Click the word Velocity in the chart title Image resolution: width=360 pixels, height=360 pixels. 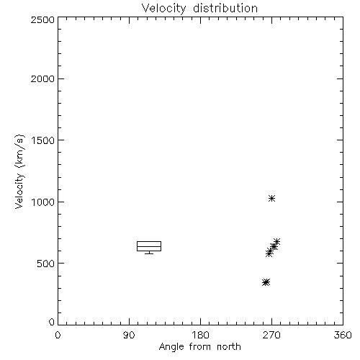[x=163, y=9]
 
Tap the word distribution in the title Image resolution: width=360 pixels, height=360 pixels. [x=225, y=8]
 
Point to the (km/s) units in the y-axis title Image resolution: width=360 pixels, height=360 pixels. [x=19, y=151]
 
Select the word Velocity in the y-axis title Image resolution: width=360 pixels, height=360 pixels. [x=19, y=191]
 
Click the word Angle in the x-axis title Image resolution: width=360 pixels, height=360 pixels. [x=171, y=347]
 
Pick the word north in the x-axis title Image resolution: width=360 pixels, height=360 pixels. [x=229, y=347]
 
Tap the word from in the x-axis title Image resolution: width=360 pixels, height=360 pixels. [x=200, y=347]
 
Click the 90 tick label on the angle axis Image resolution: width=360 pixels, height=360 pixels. [x=129, y=335]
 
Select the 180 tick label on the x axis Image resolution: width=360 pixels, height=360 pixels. [x=200, y=335]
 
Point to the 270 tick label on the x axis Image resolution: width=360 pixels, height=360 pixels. [x=271, y=335]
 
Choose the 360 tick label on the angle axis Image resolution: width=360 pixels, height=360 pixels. [x=343, y=335]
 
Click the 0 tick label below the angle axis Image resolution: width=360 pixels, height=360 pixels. [x=58, y=335]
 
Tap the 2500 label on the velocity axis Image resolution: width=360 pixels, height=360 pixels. [x=42, y=19]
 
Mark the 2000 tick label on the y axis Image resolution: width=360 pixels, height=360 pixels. [x=42, y=78]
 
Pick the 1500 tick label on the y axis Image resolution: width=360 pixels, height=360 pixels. [x=43, y=140]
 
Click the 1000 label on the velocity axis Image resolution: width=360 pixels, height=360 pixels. [x=43, y=202]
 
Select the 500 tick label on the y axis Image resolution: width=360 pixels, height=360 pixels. [x=46, y=264]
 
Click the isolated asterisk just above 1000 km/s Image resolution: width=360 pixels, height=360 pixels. [x=271, y=199]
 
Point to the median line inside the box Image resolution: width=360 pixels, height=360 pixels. [x=149, y=246]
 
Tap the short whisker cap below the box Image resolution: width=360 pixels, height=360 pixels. [x=149, y=253]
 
